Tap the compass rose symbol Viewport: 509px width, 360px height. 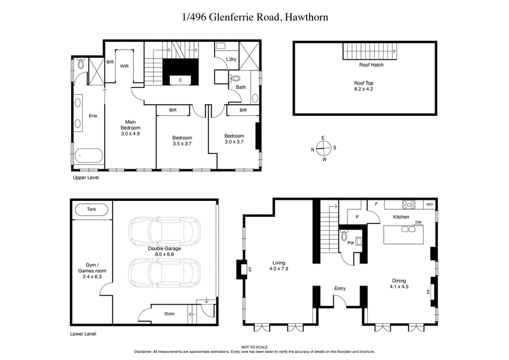[x=323, y=149]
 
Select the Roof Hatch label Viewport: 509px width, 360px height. [x=371, y=64]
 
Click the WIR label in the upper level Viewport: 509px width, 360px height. [x=125, y=66]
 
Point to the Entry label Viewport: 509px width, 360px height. [x=340, y=289]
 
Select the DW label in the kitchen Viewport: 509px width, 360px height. [x=419, y=222]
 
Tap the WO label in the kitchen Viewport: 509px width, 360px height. [x=429, y=204]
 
